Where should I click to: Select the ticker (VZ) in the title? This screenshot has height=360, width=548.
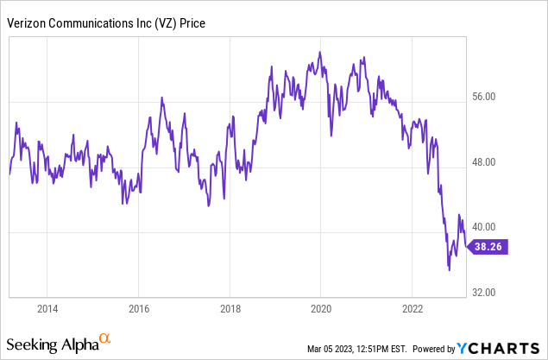[x=163, y=24]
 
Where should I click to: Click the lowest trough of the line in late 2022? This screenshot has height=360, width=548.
[x=449, y=270]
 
